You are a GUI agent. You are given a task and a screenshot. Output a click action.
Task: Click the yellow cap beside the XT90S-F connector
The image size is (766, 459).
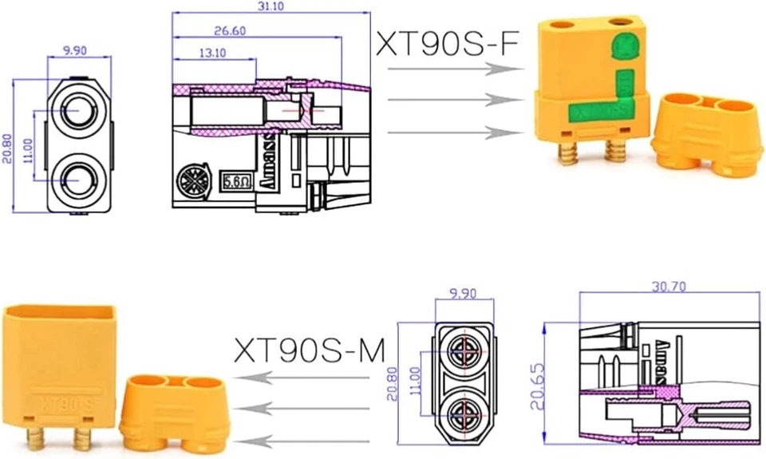point(701,132)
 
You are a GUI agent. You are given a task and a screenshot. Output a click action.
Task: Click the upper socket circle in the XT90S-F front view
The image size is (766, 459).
point(78,111)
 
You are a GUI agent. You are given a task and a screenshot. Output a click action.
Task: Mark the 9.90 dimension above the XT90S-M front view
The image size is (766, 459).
point(464,294)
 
